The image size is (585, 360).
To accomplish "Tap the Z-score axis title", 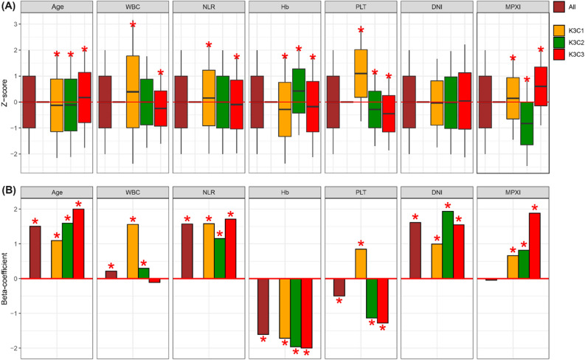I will click(5, 94).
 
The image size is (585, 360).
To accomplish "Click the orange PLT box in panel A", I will click(361, 73).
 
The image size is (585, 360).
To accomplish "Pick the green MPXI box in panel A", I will click(527, 123).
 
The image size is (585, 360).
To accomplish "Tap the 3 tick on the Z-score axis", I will click(14, 24).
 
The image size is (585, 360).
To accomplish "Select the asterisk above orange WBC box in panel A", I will click(134, 26).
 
